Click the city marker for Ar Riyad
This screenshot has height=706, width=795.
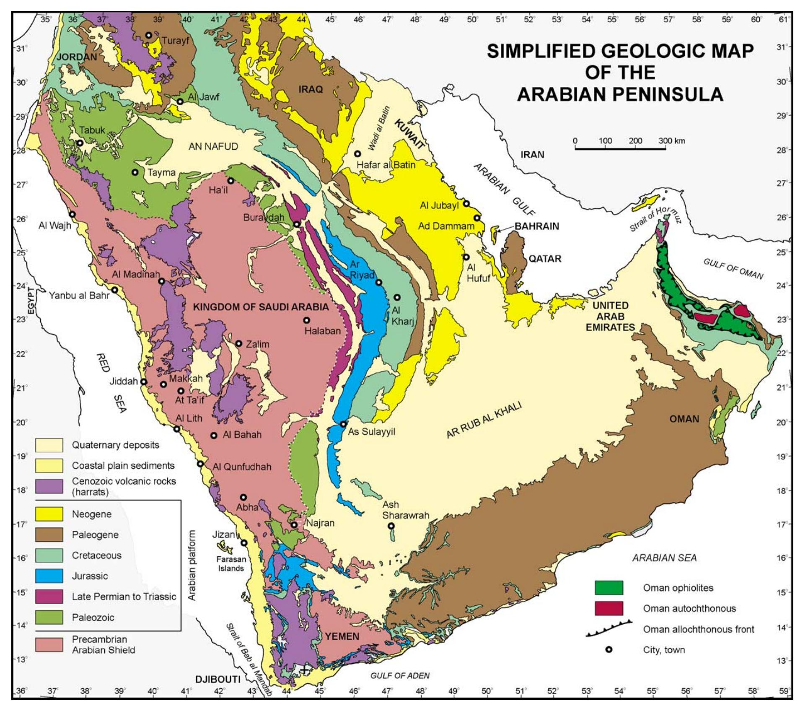point(378,282)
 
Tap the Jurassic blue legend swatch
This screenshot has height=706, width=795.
point(49,576)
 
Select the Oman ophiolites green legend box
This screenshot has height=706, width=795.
point(609,587)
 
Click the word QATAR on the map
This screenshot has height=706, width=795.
point(544,258)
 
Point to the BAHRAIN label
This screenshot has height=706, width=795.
point(536,226)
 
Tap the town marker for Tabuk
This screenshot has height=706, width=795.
point(80,143)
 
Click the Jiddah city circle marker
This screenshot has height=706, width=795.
point(143,382)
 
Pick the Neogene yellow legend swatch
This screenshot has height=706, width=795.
point(49,514)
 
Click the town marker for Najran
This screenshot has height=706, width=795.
point(294,524)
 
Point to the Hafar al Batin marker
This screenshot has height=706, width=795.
point(357,154)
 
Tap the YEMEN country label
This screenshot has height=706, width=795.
point(342,636)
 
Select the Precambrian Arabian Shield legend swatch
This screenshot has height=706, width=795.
point(49,645)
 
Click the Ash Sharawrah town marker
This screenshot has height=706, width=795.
point(391,526)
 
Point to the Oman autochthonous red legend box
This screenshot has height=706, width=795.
point(609,608)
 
